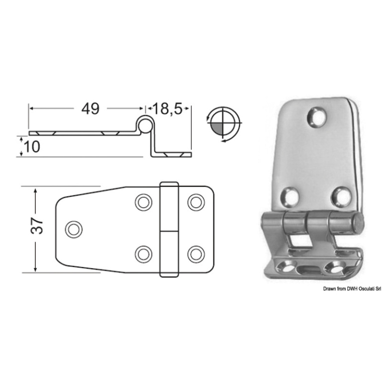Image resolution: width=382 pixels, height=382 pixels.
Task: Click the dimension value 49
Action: (x=91, y=108)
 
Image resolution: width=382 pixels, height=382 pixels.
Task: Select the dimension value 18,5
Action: (x=168, y=108)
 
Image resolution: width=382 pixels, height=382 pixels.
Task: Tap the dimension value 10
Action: (x=32, y=147)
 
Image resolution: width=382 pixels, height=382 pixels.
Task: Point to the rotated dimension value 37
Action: (x=37, y=226)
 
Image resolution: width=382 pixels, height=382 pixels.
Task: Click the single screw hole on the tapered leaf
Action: (x=74, y=229)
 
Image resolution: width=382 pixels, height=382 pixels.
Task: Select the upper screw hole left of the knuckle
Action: (x=143, y=202)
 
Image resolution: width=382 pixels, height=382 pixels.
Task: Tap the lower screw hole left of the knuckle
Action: (x=143, y=255)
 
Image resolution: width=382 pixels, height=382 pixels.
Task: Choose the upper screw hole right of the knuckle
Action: (x=196, y=202)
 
